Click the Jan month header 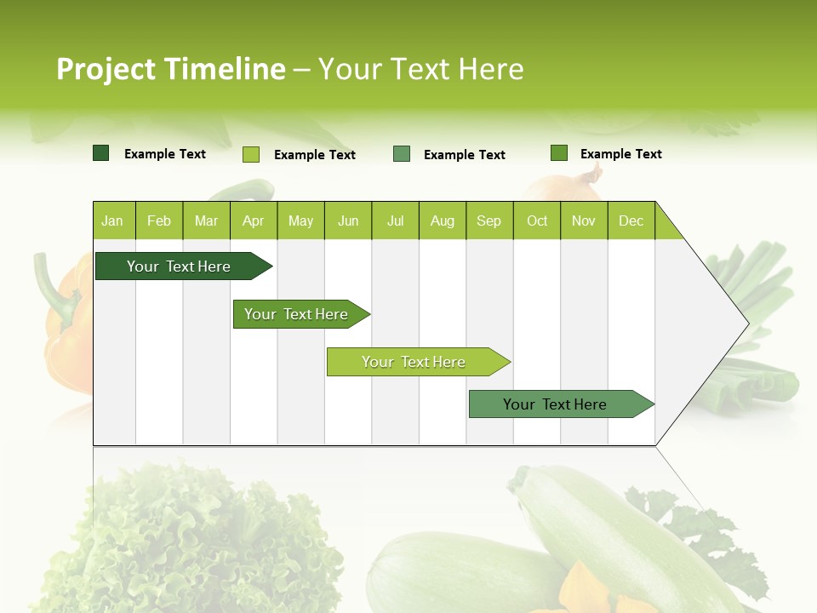112,221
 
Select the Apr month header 253,221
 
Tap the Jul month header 395,221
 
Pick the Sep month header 488,221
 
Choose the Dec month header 631,221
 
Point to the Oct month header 537,221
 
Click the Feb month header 159,221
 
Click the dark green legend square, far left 100,153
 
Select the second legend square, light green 250,154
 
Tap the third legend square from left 402,154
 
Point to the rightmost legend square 558,153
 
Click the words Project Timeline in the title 170,69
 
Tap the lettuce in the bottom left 187,545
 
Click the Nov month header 584,221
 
